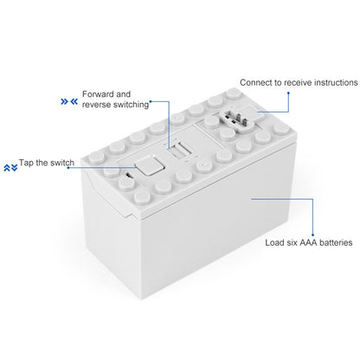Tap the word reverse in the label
coord(98,106)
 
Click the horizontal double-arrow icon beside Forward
coord(67,100)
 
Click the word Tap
coord(28,163)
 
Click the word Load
coord(276,244)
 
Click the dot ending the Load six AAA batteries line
coord(252,199)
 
